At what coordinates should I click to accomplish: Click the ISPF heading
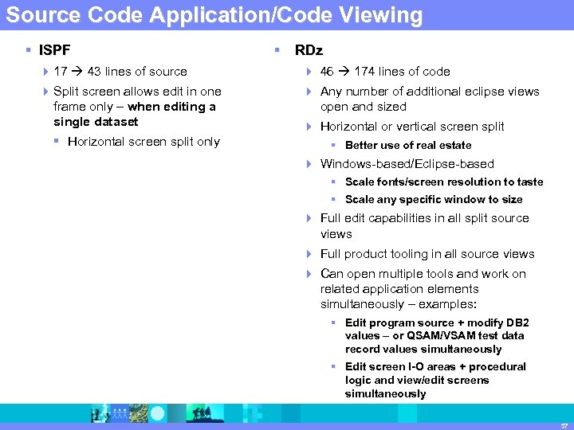(55, 50)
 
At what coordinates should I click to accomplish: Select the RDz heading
(309, 50)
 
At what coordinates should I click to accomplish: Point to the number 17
(60, 72)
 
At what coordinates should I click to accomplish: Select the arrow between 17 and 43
(77, 72)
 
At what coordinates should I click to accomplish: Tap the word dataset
(117, 122)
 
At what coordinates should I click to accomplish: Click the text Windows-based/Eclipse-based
(407, 164)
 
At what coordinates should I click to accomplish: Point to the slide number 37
(563, 424)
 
